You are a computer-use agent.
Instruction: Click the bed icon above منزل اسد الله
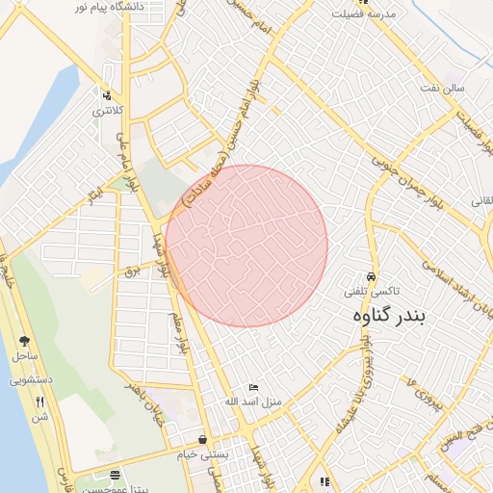point(253,386)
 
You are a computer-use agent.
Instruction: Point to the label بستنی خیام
point(204,453)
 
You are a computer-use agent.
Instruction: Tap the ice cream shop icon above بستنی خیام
point(202,439)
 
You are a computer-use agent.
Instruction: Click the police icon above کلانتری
point(107,96)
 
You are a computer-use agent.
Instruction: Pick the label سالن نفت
point(441,88)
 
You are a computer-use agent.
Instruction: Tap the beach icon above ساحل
point(23,341)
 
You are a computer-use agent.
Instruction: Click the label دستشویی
point(31,380)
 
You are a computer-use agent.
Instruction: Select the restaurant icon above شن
point(39,402)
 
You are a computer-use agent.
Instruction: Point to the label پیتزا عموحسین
point(115,489)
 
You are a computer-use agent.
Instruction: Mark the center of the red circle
point(246,246)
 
